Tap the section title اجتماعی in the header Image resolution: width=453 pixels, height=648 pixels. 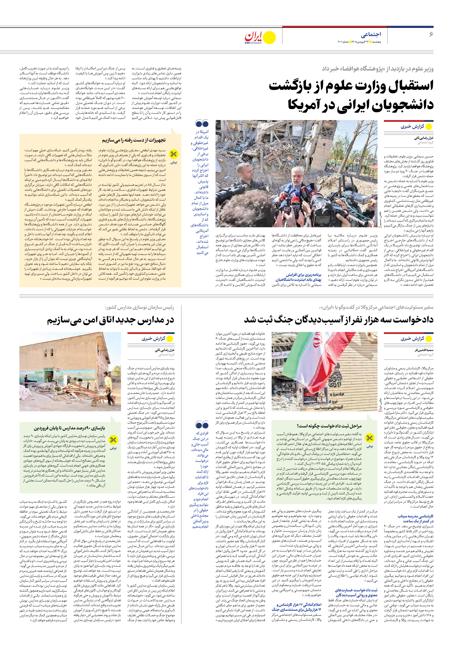point(371,34)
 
